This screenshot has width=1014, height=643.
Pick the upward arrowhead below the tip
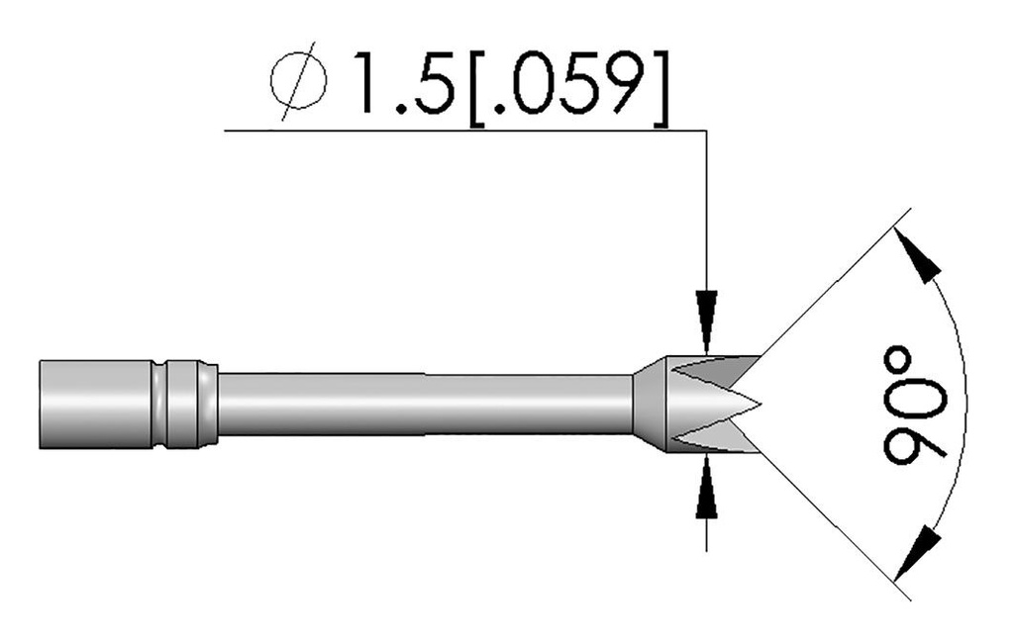[x=705, y=489]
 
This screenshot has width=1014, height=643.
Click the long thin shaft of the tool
[x=426, y=405]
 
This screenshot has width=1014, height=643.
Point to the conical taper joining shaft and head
[x=649, y=405]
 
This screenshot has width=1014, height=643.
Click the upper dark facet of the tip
[x=713, y=373]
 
